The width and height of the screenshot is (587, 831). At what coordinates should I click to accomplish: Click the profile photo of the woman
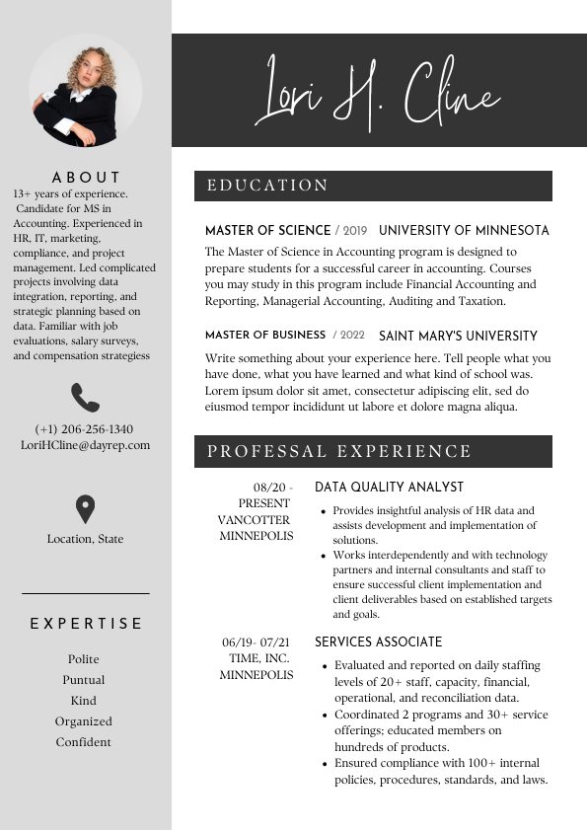point(85,92)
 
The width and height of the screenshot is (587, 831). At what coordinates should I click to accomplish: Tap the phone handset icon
point(86,398)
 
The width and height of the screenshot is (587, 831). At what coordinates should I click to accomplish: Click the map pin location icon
point(86,509)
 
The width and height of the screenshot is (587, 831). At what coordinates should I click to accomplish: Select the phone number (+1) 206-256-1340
point(84,429)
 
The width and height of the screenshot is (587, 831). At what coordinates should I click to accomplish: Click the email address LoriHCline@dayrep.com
point(86,445)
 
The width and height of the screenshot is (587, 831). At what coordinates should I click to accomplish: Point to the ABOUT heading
point(86,178)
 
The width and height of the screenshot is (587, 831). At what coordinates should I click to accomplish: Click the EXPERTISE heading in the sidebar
point(86,624)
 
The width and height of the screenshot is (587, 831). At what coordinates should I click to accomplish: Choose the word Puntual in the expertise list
point(84,680)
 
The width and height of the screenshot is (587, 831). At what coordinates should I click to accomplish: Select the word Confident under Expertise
point(84,742)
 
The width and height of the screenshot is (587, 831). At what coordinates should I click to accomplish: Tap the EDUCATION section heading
point(267,186)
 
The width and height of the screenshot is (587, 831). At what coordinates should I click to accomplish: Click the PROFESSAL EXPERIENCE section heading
point(339,452)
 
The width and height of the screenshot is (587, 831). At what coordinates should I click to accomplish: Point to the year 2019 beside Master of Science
point(354,231)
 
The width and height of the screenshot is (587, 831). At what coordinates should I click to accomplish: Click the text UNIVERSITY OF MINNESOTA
point(464,231)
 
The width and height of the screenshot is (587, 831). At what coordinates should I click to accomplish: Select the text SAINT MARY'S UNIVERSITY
point(458,336)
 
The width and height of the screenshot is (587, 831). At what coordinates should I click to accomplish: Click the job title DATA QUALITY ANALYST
point(389,488)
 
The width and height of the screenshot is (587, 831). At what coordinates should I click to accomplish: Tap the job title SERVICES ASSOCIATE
point(378,642)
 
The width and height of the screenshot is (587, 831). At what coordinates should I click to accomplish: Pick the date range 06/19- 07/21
point(256,642)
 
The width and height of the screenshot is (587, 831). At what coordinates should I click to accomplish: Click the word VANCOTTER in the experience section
point(255,520)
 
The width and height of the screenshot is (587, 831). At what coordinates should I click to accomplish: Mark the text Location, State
point(86,539)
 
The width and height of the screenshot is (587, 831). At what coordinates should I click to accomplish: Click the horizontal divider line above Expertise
point(86,593)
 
